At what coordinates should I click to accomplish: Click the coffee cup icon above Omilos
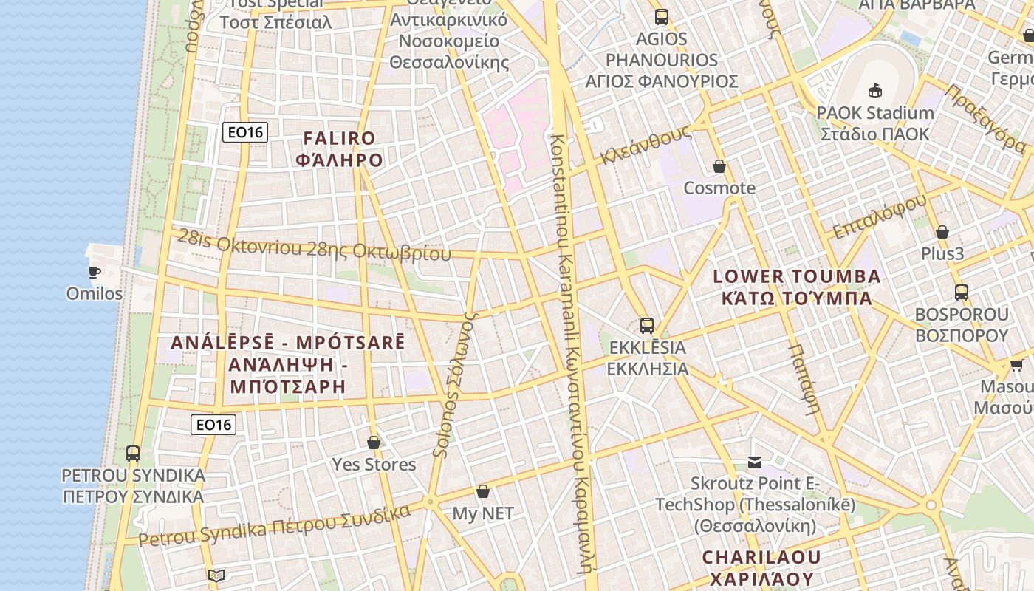95,272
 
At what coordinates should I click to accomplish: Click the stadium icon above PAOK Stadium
875,91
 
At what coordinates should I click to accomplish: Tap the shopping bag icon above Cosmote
719,166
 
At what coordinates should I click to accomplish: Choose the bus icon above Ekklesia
647,325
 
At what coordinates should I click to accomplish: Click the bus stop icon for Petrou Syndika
133,453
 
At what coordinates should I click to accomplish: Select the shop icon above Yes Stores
374,443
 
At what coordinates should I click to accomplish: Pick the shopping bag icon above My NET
483,491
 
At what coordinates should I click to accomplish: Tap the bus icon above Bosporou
961,292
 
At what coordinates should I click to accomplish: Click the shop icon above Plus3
942,232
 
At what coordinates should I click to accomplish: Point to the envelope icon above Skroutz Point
755,462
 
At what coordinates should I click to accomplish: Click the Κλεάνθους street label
646,145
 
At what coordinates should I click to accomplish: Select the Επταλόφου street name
879,217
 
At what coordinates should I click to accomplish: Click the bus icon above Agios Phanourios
662,16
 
